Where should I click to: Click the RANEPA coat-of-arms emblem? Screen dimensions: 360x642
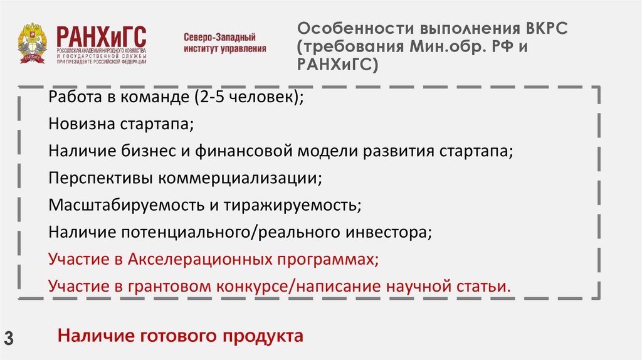(x=31, y=44)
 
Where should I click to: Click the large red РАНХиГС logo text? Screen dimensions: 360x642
(x=101, y=36)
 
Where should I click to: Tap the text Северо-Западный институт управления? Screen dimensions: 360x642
(x=224, y=43)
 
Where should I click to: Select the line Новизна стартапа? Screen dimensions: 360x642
(x=121, y=125)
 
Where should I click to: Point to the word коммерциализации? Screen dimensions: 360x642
(x=240, y=179)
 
